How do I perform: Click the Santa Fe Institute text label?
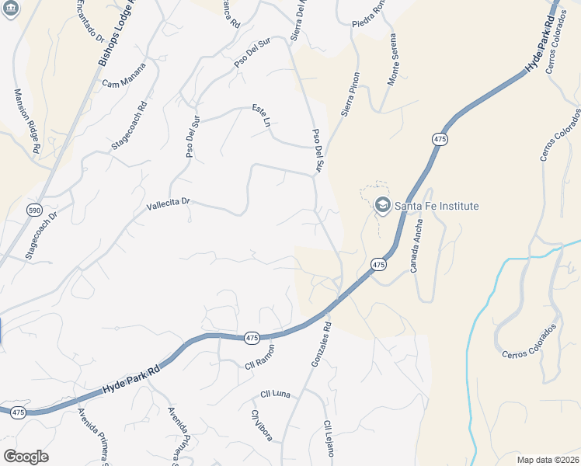(437, 206)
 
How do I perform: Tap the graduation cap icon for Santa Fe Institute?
(382, 205)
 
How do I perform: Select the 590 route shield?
(34, 210)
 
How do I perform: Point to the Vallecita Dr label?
(169, 204)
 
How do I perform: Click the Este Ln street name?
(261, 116)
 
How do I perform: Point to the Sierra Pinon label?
(350, 95)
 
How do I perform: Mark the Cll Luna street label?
(276, 394)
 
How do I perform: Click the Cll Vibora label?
(260, 425)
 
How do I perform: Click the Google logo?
(26, 457)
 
